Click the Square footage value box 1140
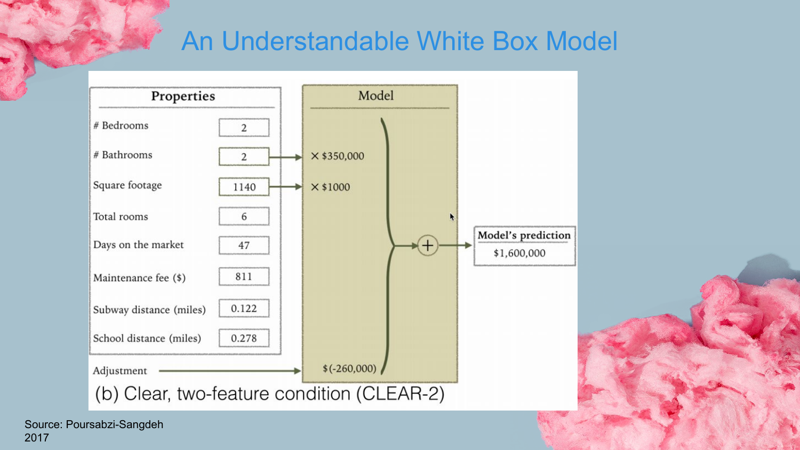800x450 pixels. point(244,187)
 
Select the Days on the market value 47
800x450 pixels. point(244,245)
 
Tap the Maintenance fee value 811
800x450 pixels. point(244,277)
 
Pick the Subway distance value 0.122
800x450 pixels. point(244,309)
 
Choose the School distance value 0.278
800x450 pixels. point(244,338)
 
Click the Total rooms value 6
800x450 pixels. point(244,216)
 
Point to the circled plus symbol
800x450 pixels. point(427,245)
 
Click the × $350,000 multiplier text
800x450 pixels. point(338,156)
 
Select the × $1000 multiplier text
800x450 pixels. point(331,187)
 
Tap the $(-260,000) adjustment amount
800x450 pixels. point(349,368)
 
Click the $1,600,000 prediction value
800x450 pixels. point(519,253)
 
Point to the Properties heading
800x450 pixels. point(183,97)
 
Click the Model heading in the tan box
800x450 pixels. point(376,96)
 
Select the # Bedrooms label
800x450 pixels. point(121,126)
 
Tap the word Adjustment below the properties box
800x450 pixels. point(120,371)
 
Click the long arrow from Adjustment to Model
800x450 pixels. point(229,371)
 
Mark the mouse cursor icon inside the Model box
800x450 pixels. point(452,216)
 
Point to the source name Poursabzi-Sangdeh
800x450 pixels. point(115,424)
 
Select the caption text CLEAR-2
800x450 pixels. point(400,394)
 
